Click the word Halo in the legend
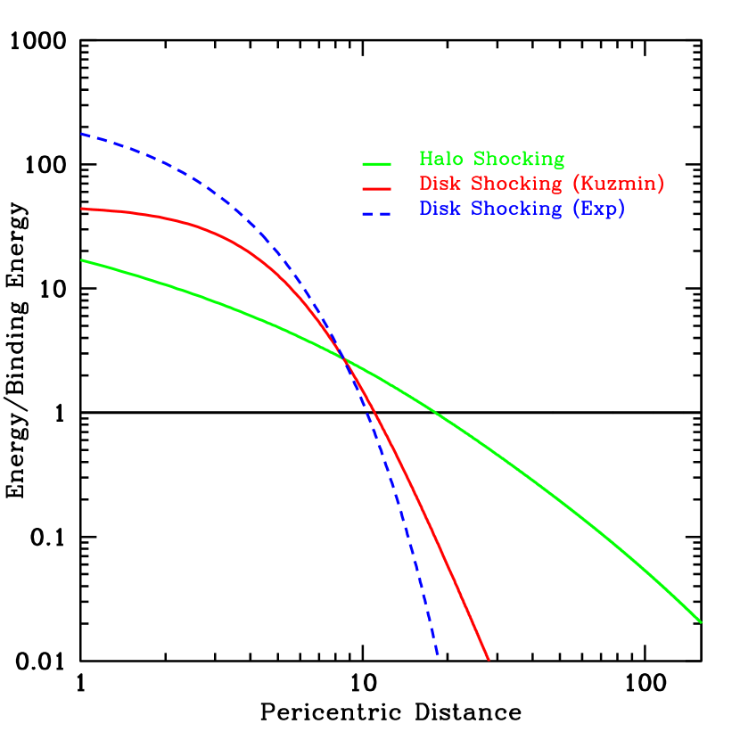coord(443,160)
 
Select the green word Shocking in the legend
coord(519,160)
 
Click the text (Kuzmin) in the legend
coord(618,185)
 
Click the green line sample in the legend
coord(376,164)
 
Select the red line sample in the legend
coord(376,188)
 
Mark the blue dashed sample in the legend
coord(376,213)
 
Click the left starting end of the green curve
coord(82,260)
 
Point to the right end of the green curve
coord(702,622)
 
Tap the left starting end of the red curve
coord(82,209)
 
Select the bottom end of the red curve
coord(489,659)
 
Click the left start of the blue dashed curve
coord(82,134)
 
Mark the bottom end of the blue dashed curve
coord(438,655)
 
